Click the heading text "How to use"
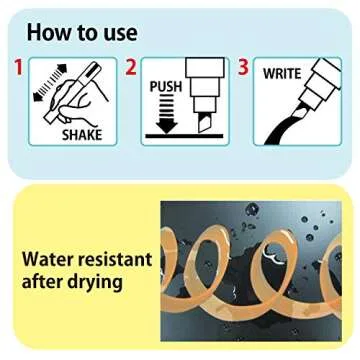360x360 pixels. tap(82, 33)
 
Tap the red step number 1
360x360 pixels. tap(18, 67)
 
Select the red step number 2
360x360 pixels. tap(131, 67)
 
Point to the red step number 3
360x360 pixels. tap(243, 67)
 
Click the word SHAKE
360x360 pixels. tap(82, 135)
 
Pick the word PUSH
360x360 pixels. tap(166, 86)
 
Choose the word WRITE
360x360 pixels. tap(282, 74)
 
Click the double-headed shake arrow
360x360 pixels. tap(50, 82)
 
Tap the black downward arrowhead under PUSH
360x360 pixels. tap(167, 126)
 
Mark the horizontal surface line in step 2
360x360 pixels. tap(184, 136)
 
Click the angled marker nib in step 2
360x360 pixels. tap(203, 122)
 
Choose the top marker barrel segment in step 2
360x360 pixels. tap(204, 68)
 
